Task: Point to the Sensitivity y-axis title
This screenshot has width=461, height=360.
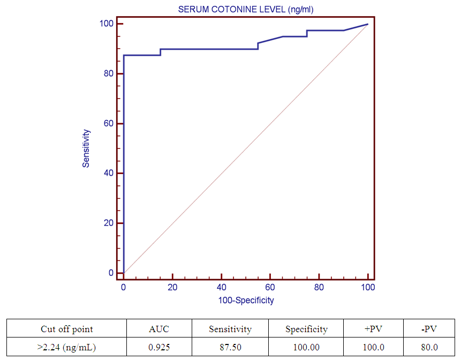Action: coord(86,148)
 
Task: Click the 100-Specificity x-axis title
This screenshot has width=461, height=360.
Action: coord(246,300)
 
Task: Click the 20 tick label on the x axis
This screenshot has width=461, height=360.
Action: coord(172,288)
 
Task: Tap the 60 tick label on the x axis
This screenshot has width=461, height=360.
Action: coord(270,288)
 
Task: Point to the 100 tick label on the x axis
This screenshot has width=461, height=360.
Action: coord(368,288)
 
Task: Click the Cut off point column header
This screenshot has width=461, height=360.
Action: coord(67,329)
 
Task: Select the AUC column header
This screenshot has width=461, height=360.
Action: coord(159,329)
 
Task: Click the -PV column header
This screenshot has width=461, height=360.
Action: coord(429,329)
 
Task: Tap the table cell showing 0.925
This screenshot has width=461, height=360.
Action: coord(159,347)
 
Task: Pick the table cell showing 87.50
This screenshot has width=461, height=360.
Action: coord(230,347)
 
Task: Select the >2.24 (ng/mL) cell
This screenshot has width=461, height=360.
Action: coord(67,347)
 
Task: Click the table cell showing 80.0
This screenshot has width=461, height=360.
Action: coord(429,347)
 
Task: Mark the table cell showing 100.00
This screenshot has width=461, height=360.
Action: coord(306,347)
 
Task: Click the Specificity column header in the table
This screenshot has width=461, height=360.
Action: coord(306,329)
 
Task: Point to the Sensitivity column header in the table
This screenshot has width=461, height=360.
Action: coord(230,329)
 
